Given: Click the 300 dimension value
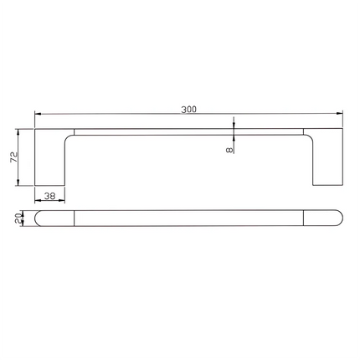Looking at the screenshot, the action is [189, 109].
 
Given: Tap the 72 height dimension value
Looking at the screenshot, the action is [14, 157].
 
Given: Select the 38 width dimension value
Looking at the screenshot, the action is [50, 196].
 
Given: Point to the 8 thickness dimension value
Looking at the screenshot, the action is [229, 150].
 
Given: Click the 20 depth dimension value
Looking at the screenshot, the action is [18, 218].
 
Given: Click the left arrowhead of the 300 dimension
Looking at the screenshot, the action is [38, 114].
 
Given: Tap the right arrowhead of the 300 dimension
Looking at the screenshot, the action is [339, 113].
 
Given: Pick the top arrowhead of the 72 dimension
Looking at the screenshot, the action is [18, 132].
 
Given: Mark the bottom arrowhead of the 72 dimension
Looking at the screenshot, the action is [18, 182].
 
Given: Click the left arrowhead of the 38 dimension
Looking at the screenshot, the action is [38, 200].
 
